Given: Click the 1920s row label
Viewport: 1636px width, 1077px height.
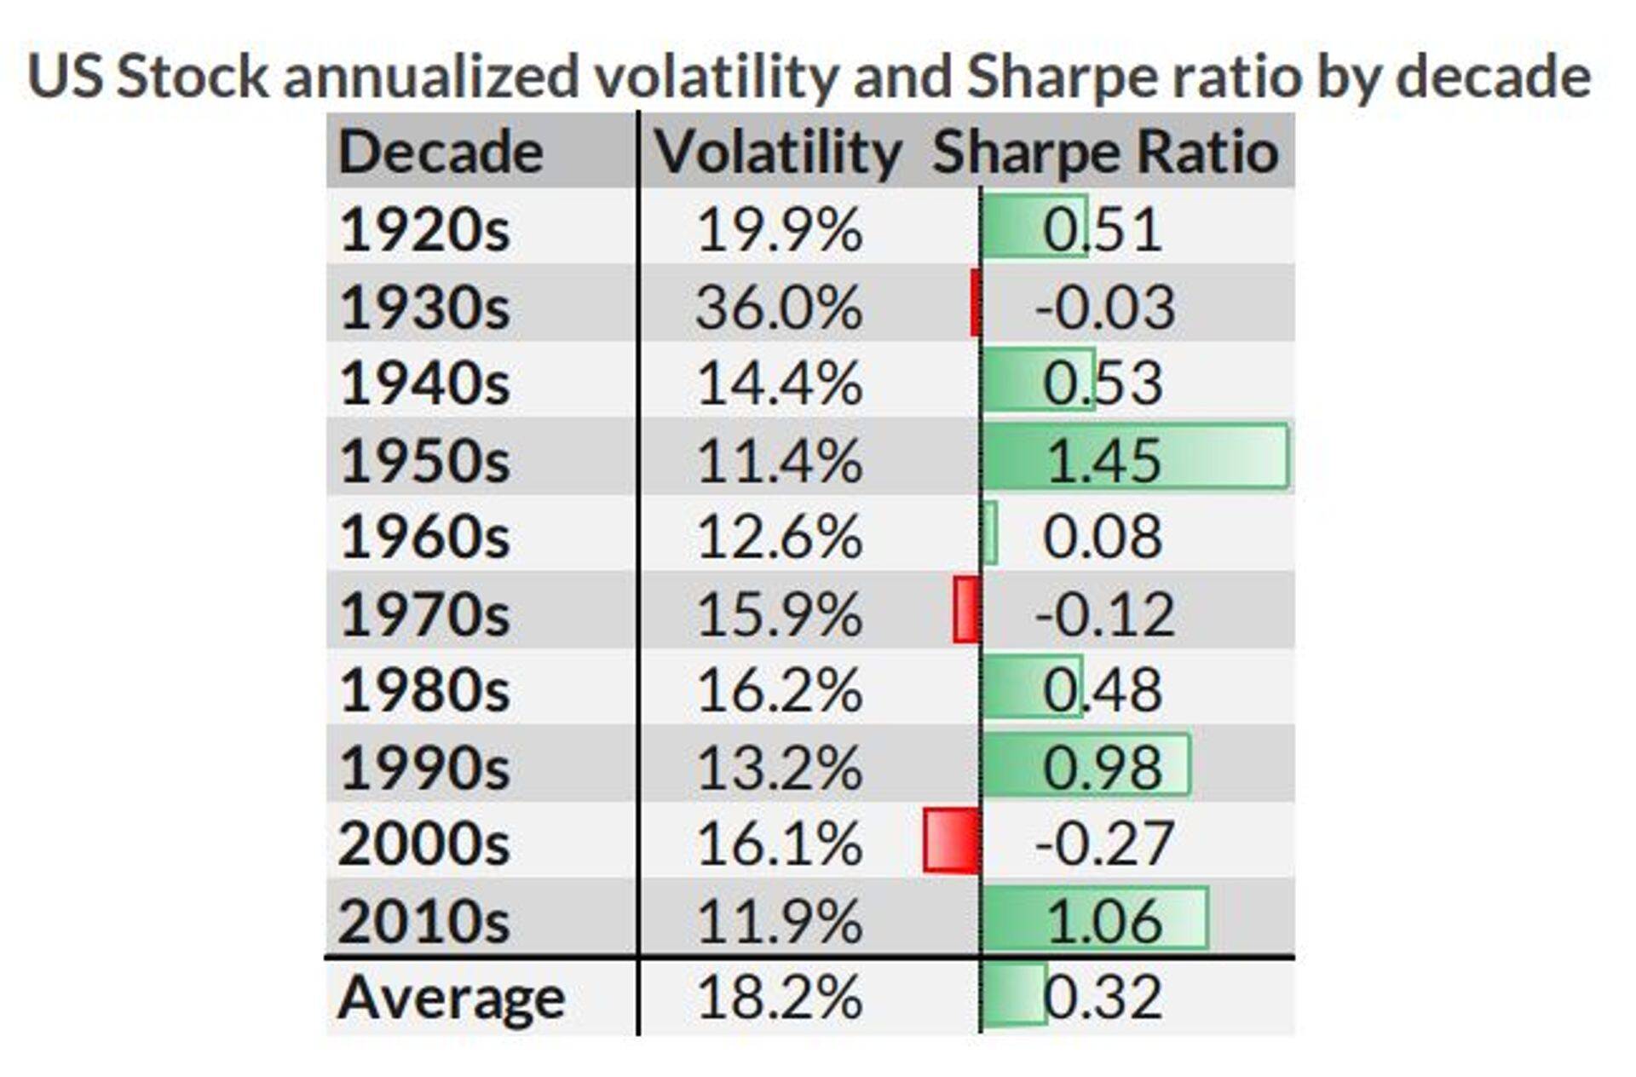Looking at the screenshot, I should [424, 230].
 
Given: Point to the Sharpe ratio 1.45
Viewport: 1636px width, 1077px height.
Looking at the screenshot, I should [1103, 461].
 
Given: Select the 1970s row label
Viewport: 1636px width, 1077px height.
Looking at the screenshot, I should [424, 614].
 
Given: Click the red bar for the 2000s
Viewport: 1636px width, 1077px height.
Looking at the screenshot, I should [952, 842].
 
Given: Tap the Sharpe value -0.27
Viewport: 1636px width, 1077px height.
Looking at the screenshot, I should [1104, 844].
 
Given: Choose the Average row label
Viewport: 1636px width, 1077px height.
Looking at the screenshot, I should [451, 997].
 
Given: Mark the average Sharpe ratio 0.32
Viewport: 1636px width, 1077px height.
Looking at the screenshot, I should [1103, 997].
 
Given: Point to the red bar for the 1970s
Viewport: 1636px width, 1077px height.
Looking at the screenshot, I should [967, 609].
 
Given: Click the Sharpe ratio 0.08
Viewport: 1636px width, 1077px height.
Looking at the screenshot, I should [1103, 537].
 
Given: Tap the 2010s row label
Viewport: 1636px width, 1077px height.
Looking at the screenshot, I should [423, 921].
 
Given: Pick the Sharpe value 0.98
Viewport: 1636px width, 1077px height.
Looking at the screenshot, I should [1103, 767].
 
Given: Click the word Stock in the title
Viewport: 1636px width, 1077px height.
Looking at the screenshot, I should [192, 77].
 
